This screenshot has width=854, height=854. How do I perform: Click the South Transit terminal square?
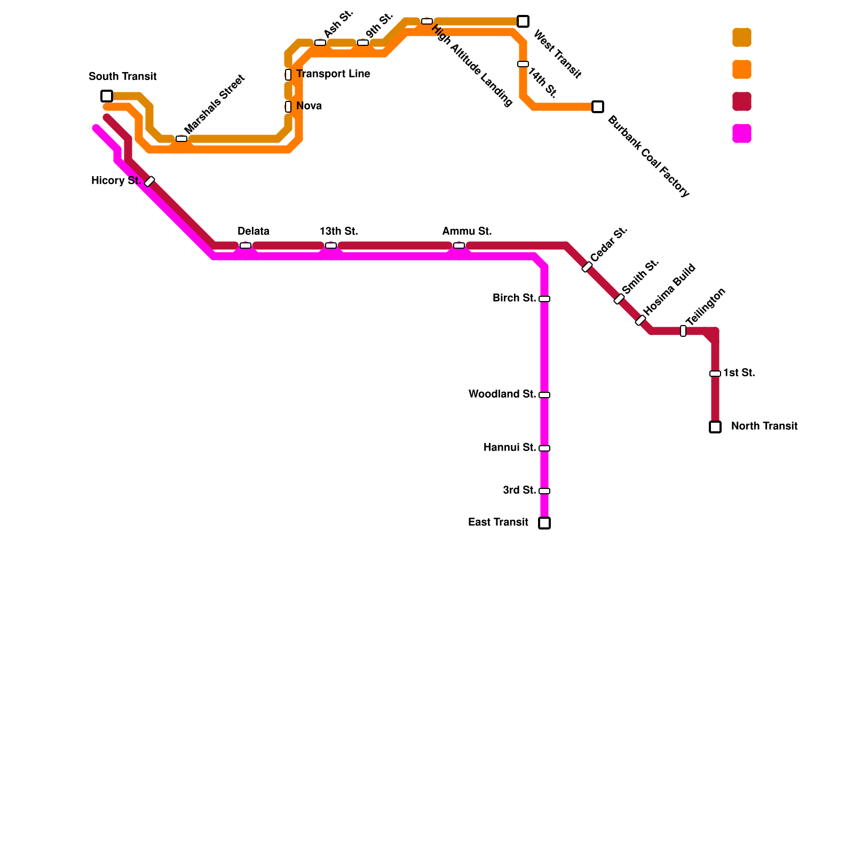pos(107,96)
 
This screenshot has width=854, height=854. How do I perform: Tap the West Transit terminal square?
pos(523,21)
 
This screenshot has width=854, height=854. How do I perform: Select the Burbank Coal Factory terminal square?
pos(598,107)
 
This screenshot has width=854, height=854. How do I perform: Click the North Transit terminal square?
pos(715,427)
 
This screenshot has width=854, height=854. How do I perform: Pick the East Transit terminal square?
pos(544,523)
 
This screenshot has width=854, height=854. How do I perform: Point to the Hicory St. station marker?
pos(149,181)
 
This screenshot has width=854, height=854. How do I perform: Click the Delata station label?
pos(253,232)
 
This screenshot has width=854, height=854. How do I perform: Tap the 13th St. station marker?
pos(331,246)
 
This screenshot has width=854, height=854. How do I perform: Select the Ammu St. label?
pos(466,232)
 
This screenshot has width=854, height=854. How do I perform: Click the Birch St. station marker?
pos(544,299)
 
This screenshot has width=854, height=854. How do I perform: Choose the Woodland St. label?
pos(502,394)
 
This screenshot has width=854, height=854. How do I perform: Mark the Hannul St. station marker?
pos(544,448)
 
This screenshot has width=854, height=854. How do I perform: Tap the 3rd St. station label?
pos(519,491)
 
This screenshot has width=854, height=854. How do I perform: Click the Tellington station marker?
pos(683,331)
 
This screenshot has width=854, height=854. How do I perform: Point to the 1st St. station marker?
pos(715,374)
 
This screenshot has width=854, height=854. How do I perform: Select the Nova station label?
pos(309,106)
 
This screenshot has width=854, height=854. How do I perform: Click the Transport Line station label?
pos(333,74)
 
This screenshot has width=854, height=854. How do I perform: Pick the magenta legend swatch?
pos(742,133)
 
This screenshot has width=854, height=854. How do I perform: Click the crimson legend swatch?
pos(742,101)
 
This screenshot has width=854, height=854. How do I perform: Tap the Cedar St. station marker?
pos(587,267)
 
